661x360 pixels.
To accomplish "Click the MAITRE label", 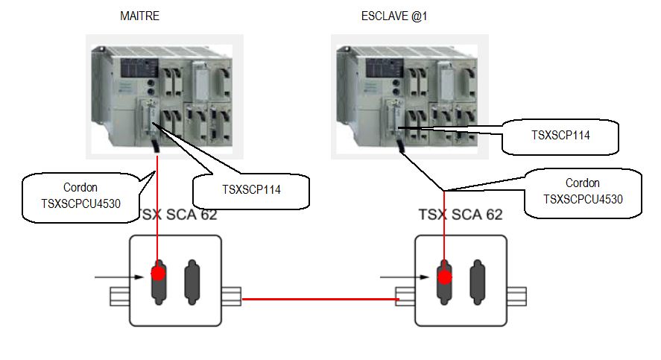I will click(139, 15).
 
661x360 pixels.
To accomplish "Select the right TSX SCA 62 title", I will click(460, 215).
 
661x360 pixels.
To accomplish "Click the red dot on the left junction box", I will click(158, 273).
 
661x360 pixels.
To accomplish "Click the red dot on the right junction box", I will click(444, 277).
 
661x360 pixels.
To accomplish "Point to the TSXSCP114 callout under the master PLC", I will click(250, 189).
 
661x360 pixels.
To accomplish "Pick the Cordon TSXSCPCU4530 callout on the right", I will click(583, 192).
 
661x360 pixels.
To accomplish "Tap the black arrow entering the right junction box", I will click(405, 279).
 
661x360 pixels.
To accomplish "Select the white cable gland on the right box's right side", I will click(525, 296).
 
